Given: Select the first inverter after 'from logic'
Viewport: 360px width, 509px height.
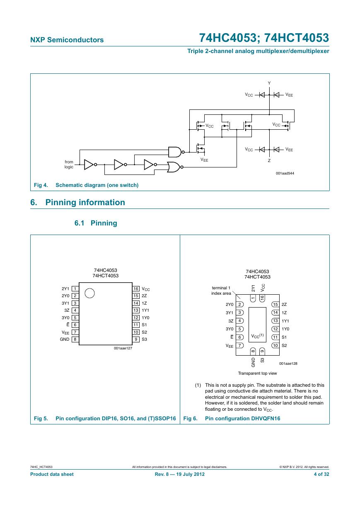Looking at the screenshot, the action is point(90,165).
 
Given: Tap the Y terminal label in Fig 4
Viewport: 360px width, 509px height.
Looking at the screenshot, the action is point(269,83).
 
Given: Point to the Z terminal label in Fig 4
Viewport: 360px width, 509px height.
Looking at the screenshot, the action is point(269,161).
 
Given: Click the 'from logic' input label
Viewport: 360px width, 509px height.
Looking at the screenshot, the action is point(69,164).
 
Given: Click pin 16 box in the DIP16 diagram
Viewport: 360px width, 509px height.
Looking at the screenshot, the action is point(136,289).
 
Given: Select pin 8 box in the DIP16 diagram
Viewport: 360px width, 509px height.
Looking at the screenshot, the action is point(75,339).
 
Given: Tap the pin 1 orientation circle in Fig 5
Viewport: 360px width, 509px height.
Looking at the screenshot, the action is point(89,293).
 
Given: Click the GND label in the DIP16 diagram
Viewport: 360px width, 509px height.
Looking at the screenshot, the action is point(65,339).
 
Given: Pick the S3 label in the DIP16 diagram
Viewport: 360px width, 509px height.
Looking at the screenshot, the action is point(144,339).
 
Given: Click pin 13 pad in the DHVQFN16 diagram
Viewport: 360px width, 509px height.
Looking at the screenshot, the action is point(275,321).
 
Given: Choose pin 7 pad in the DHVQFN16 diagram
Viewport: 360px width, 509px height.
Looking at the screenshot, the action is point(239,345).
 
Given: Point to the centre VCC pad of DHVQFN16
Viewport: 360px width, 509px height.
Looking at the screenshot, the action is point(257,325).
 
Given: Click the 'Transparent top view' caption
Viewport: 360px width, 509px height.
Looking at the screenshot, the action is point(257,373).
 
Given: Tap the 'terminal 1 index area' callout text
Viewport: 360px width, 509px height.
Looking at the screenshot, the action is point(221,291).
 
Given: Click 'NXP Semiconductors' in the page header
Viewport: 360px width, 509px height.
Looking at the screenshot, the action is point(67,40).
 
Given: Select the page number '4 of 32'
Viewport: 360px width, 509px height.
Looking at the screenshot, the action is point(321,474).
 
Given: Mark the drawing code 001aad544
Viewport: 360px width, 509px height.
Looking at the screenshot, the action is point(285,173).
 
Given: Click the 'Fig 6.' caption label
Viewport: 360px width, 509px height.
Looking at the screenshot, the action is point(190,418).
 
